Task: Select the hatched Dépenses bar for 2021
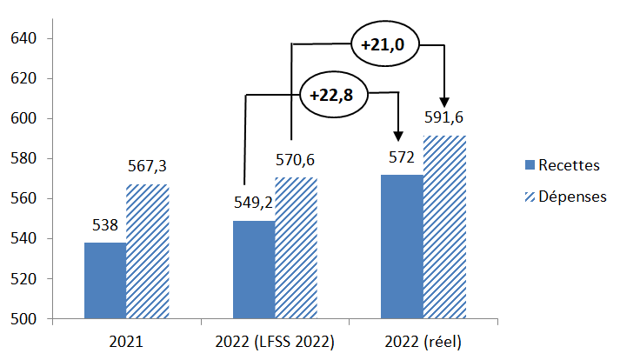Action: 147,251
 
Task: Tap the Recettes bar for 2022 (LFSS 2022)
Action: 254,270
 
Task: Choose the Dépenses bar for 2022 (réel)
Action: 444,227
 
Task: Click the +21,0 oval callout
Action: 383,43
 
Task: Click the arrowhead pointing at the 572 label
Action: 398,134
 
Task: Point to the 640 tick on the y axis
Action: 24,38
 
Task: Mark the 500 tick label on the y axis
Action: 24,319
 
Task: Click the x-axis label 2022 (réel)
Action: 423,342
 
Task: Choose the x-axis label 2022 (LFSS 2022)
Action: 275,342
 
